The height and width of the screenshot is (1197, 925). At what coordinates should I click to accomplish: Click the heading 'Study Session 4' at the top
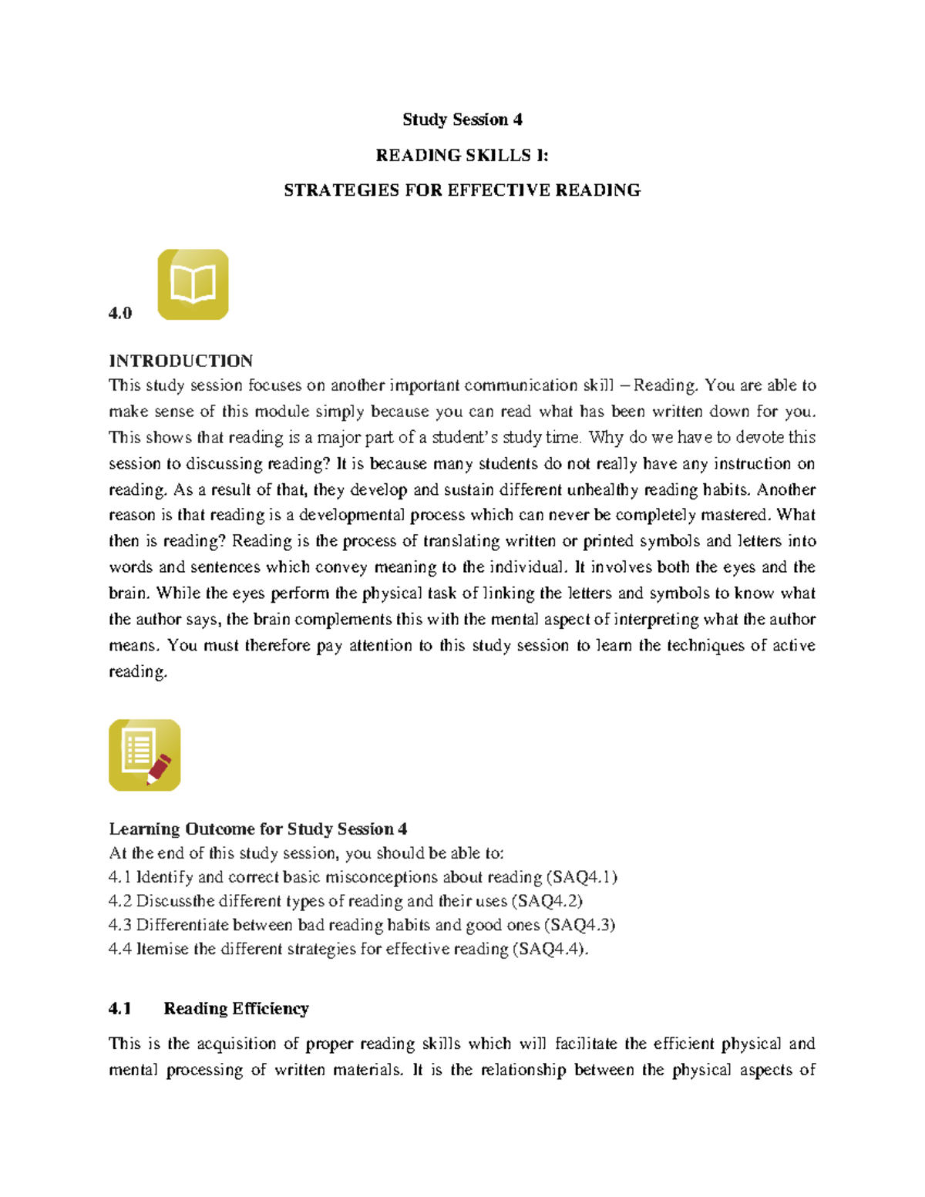coord(462,119)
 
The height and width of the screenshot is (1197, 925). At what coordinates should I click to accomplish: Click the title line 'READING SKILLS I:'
coord(462,155)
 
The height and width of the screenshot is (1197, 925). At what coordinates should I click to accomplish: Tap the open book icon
coord(193,284)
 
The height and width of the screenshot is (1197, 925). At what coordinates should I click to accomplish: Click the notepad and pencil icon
coord(145,755)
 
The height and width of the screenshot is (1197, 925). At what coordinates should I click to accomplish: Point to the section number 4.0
coord(120,313)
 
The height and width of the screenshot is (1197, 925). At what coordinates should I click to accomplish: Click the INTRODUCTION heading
coord(181,361)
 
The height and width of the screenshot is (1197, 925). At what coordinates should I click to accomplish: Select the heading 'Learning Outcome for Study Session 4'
coord(258,829)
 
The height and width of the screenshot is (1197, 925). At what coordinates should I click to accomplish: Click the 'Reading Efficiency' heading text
coord(236,1009)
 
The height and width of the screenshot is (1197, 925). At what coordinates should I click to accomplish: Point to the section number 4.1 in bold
coord(120,1009)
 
